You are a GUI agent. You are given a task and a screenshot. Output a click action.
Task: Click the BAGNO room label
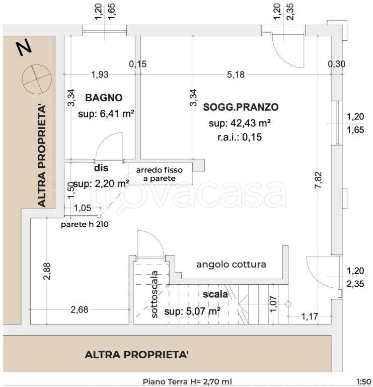click(x=104, y=98)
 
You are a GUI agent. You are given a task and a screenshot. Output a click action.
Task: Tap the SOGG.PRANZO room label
click(x=241, y=107)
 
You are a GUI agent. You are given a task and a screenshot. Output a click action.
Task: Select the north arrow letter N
click(x=24, y=48)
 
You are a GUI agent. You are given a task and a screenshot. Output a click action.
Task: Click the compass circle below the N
click(x=37, y=79)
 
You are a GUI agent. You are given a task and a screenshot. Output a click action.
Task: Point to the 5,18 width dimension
click(x=236, y=75)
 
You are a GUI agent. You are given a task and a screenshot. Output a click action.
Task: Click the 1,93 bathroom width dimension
click(x=100, y=75)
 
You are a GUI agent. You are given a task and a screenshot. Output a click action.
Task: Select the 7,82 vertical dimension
click(x=318, y=180)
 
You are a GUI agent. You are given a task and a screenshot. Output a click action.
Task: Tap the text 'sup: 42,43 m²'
click(x=240, y=123)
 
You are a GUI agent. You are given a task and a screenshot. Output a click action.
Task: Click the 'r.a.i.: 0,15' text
click(x=240, y=137)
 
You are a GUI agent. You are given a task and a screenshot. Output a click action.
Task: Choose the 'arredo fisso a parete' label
click(x=160, y=174)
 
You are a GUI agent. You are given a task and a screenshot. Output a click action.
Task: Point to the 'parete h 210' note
click(x=85, y=224)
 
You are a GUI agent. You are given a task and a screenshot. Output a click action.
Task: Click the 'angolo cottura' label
click(x=231, y=265)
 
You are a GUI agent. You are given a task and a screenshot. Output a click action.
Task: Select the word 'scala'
click(x=215, y=294)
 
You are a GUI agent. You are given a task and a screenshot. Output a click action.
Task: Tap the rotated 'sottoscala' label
click(x=154, y=294)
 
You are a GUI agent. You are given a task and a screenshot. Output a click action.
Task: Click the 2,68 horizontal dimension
click(x=80, y=310)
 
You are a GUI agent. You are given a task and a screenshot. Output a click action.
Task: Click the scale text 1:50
click(x=363, y=381)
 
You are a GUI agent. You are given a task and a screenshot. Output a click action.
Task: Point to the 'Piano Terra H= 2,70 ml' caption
click(x=187, y=382)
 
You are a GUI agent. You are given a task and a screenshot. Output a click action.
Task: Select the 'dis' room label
click(x=101, y=168)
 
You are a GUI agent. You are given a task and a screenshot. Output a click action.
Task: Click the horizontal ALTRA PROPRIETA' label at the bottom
click(x=136, y=355)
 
